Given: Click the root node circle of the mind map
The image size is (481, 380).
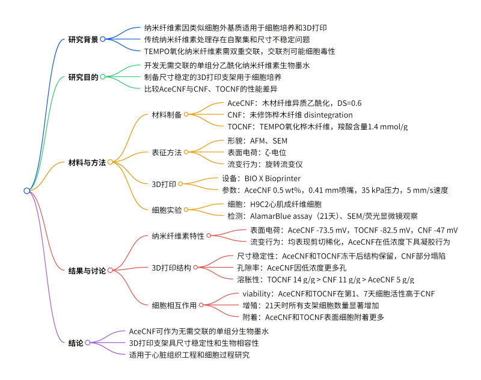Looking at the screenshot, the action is click(26, 191).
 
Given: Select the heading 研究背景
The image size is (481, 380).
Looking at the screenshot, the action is click(83, 40).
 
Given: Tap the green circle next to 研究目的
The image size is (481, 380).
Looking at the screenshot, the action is click(103, 77).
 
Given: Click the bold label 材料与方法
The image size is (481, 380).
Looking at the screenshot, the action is click(87, 162).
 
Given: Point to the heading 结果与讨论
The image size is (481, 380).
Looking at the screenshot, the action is click(87, 271).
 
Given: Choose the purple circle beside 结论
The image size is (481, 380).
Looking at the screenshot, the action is click(88, 343).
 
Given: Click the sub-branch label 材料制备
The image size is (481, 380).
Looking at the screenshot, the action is click(167, 115).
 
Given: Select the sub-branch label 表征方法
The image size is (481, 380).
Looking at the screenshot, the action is click(167, 153).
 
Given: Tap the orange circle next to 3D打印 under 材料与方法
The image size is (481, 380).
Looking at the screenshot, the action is click(180, 184).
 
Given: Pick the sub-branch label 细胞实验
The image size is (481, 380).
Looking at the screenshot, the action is click(167, 210).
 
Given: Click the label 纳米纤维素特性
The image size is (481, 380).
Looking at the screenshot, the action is click(178, 236).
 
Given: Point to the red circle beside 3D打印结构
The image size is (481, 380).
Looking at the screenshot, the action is click(195, 268).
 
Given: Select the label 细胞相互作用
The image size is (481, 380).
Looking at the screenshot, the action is click(174, 305).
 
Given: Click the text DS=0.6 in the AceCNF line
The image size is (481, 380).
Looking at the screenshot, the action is click(349, 103).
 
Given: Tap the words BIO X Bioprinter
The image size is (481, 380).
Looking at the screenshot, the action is click(272, 179).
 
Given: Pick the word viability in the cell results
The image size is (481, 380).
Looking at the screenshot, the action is click(256, 294).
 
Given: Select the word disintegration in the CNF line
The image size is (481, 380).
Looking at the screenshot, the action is click(328, 115).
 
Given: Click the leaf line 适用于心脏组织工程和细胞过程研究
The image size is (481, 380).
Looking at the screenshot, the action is click(189, 355).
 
